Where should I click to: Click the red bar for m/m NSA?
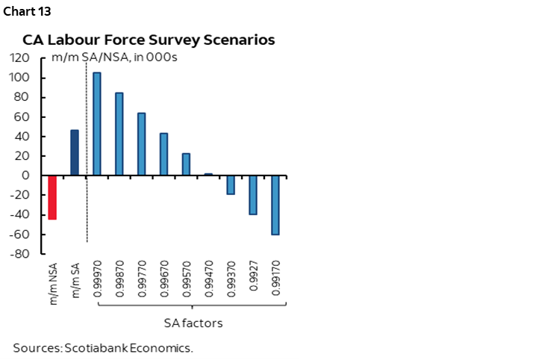pos(52,198)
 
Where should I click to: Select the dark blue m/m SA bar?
pos(75,153)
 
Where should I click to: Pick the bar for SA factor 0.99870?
pos(119,134)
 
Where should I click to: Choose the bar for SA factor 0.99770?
pos(142,144)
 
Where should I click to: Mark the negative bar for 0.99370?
pos(231,184)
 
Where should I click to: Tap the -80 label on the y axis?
pos(20,254)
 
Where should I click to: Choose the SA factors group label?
pos(193,323)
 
